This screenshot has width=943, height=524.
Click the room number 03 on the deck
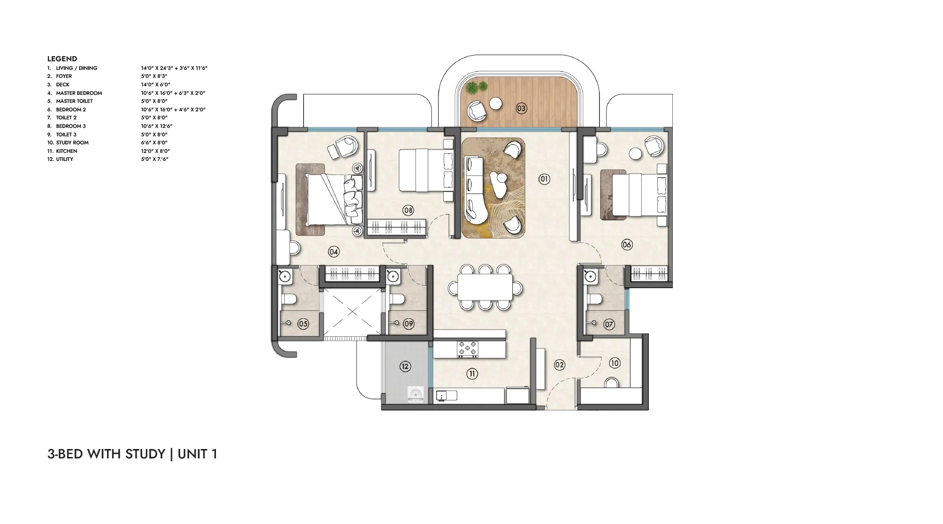coord(521,108)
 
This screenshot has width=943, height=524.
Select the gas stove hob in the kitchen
coord(467,349)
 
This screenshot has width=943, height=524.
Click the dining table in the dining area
coord(486,287)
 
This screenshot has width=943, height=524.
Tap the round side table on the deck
coord(496,103)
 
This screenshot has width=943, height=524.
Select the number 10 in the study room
coord(614,363)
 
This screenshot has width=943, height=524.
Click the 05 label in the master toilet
coord(303,324)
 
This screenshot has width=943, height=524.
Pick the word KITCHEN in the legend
coord(66,151)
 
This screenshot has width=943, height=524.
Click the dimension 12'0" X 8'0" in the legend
coord(151,151)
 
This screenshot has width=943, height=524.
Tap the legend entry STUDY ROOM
coord(72,142)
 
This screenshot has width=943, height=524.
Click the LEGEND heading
coord(62,59)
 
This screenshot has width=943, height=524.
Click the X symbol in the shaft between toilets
coord(352,311)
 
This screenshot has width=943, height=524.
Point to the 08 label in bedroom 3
coord(408,210)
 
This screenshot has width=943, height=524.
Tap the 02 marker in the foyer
coord(559,365)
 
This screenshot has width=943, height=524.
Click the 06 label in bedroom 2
coord(627,244)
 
